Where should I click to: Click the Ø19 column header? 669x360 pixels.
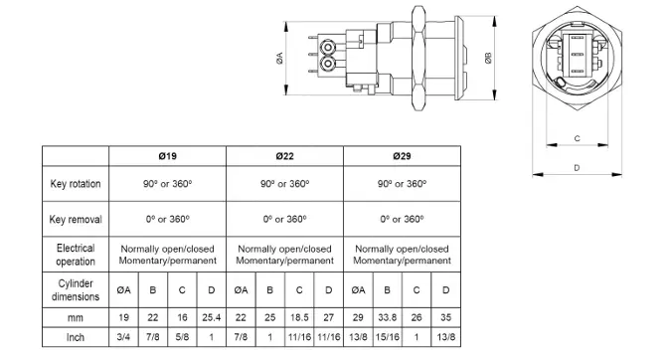point(168,156)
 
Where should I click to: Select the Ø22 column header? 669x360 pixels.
point(284,156)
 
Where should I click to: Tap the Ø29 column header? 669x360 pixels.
point(402,156)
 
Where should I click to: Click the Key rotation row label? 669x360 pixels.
point(76,184)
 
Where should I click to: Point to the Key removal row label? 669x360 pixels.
point(76,219)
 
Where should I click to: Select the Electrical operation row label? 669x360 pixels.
point(76,255)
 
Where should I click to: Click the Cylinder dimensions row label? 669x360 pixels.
point(76,290)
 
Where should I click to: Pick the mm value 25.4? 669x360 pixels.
point(211,317)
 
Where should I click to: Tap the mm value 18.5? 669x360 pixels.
point(299,317)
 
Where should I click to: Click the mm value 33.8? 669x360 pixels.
point(387,317)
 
